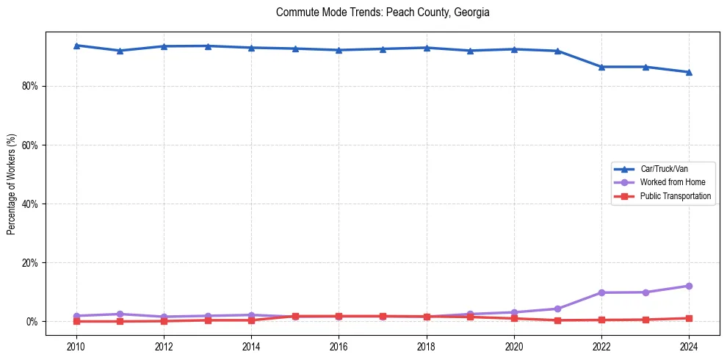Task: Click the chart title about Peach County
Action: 383,12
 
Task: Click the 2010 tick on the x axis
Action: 76,346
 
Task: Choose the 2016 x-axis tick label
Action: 339,346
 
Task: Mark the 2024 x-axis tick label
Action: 689,346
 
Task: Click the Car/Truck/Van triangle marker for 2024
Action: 689,72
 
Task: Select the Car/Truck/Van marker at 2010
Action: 76,46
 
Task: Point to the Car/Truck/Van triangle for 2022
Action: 601,67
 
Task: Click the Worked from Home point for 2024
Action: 689,286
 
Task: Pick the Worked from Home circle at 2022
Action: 601,292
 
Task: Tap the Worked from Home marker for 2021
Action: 557,309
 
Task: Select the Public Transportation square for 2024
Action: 689,318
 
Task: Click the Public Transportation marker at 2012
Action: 164,321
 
